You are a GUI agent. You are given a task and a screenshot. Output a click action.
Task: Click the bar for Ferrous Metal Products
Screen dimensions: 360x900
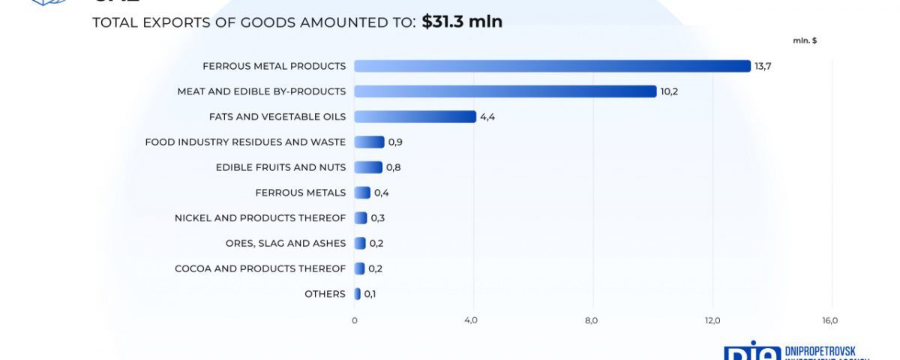[x=552, y=66]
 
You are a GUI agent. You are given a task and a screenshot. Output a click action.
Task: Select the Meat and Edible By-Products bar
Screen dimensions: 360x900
[x=505, y=91]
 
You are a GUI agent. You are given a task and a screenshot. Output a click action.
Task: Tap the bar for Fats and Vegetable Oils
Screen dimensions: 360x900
[x=415, y=117]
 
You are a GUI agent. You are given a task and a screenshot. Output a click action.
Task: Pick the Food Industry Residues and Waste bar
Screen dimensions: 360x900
[x=369, y=142]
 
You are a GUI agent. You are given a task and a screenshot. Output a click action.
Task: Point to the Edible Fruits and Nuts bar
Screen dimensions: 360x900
[x=368, y=167]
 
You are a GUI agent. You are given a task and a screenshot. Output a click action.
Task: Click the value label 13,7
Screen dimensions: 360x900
[x=763, y=66]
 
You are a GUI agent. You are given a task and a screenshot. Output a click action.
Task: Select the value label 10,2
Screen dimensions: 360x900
[x=669, y=91]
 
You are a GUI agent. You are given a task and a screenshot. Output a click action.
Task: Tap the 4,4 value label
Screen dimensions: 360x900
[x=488, y=117]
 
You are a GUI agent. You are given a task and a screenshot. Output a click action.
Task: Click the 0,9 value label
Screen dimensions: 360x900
[x=396, y=142]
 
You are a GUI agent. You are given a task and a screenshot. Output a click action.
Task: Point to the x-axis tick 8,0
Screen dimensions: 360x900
[x=591, y=321]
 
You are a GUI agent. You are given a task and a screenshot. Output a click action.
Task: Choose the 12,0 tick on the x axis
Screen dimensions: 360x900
[x=712, y=321]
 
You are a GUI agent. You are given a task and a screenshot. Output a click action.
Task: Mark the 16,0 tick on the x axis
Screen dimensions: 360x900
[x=830, y=321]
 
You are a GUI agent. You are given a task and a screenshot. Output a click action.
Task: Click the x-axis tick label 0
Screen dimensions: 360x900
[x=355, y=321]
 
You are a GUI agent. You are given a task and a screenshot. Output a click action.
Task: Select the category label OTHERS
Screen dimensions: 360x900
[x=325, y=294]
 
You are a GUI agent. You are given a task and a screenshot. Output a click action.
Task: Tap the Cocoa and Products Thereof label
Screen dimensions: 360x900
[x=260, y=268]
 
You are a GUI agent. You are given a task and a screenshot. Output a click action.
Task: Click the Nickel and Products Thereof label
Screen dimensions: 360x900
[x=260, y=218]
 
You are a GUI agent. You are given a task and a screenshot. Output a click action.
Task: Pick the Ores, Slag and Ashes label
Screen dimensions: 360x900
[x=286, y=243]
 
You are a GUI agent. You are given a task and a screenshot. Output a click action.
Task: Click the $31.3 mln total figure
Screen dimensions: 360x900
[x=462, y=22]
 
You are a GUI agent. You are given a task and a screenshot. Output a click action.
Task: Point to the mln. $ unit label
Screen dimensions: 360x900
[x=805, y=40]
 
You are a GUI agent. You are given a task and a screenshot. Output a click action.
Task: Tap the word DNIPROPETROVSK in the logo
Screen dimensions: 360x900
[x=825, y=351]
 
